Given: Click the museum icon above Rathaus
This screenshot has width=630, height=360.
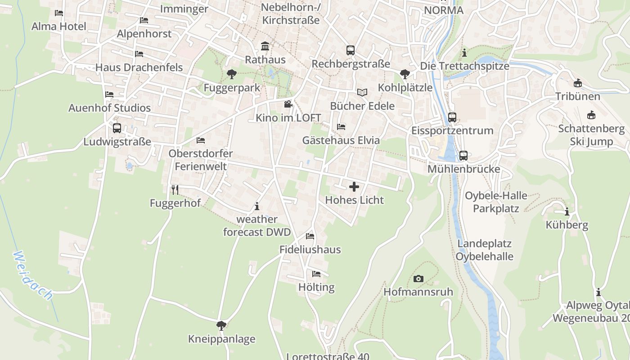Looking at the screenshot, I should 265,46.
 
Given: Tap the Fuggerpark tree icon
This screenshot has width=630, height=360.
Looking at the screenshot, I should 232,74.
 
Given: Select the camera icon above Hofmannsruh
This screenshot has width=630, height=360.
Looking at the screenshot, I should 418,279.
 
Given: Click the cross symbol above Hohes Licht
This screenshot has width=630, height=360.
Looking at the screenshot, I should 354,187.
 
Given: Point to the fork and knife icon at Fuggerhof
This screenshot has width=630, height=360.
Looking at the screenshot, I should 175,190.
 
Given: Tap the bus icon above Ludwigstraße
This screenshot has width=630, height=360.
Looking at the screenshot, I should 117,128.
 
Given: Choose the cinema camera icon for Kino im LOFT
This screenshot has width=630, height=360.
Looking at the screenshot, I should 288,104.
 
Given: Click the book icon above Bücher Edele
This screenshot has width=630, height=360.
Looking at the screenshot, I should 362,92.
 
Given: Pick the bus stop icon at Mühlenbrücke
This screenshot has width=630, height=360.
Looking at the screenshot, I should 463,156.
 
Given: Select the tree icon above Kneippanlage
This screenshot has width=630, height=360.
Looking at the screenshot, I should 221,325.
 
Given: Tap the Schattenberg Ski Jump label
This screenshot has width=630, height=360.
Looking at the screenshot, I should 591,135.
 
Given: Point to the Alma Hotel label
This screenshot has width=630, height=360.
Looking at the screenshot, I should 58,26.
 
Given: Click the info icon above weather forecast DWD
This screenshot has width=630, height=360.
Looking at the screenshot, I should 257,207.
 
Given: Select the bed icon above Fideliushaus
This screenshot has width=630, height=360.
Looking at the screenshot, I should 310,236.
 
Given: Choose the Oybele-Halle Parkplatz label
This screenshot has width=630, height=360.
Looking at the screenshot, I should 496,202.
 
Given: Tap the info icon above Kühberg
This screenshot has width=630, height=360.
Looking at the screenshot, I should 567,211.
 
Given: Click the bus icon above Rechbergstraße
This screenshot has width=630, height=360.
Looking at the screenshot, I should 351,50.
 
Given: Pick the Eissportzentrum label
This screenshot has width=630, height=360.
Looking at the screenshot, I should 452,130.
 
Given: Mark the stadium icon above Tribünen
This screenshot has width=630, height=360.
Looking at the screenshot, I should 578,83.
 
